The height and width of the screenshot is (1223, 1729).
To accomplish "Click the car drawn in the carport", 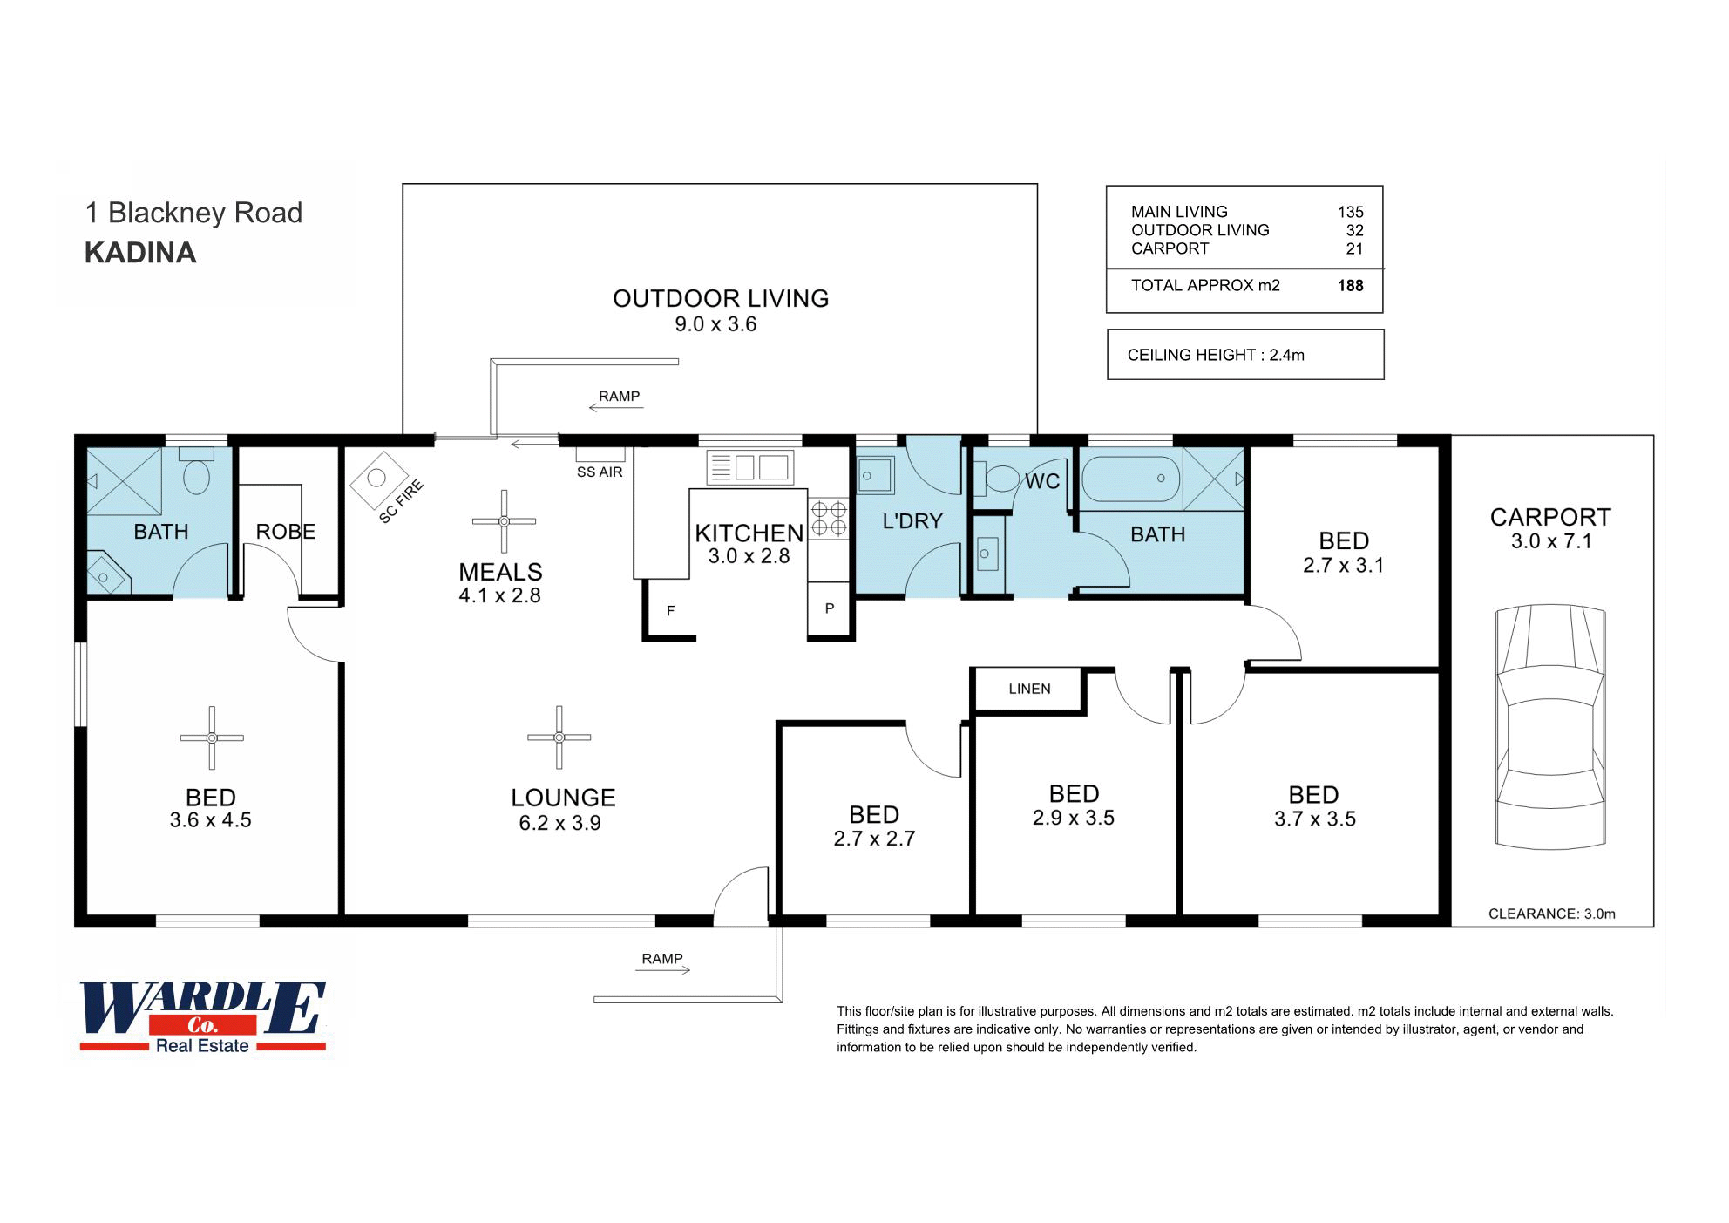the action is (x=1550, y=726).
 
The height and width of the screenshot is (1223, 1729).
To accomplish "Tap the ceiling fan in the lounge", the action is (x=559, y=737).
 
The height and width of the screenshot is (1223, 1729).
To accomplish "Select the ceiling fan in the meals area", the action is (x=504, y=521).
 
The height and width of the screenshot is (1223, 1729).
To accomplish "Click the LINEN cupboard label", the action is (x=1029, y=689).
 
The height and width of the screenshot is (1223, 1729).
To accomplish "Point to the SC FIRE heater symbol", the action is (x=376, y=479).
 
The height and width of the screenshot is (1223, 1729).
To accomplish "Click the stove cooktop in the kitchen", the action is (x=828, y=518).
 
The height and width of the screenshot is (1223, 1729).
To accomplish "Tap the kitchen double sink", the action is (x=750, y=467).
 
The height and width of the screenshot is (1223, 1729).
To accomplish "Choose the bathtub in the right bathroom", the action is (x=1130, y=479).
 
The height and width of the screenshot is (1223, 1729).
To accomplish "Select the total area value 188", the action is (x=1350, y=285).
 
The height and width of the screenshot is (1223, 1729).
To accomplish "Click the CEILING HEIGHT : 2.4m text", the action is (x=1216, y=355).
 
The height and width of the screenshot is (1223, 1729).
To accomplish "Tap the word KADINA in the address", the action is (x=140, y=253).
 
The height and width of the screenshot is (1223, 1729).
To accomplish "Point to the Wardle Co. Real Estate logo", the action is (x=203, y=1016).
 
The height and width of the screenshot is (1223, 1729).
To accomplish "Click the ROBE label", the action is (x=286, y=531).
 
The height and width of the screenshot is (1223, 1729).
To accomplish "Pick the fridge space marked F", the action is (x=670, y=610).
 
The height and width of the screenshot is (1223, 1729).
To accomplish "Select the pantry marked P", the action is (x=829, y=608).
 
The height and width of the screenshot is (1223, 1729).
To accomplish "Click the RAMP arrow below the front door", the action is (x=662, y=969).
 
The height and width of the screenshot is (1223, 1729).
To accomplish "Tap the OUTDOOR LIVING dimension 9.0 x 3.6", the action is (x=715, y=324).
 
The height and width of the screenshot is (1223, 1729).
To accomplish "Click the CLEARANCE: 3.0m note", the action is (x=1552, y=914).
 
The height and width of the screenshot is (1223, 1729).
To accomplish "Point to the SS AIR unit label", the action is (x=600, y=472).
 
